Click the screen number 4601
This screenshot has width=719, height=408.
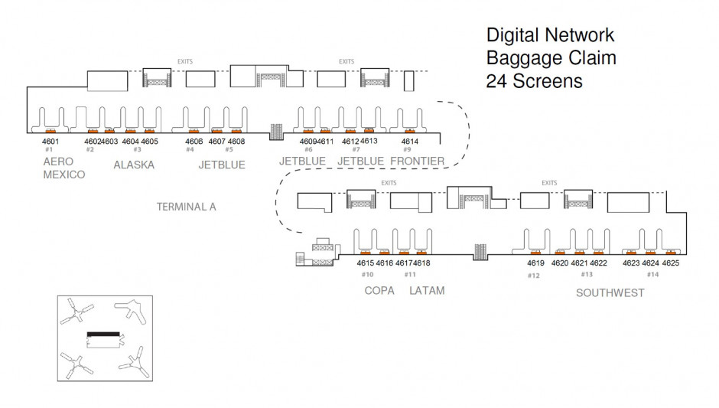coord(50,142)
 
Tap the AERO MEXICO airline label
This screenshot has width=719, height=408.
coord(63,168)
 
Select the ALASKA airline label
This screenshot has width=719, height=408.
coord(134,165)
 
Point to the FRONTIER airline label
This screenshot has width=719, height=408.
coord(417,162)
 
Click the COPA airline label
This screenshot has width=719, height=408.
coord(379,291)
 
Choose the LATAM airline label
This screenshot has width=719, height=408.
coord(427,291)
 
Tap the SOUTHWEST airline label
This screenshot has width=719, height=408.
coord(610,292)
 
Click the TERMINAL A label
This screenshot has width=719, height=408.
coord(187,207)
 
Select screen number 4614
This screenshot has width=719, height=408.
coord(410,142)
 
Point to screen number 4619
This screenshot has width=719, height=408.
coord(535,263)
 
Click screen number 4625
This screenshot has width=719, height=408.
coord(670,263)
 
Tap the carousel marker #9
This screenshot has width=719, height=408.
coord(407,150)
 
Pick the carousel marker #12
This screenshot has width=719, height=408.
coord(533,275)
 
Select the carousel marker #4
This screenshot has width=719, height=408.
coord(190,150)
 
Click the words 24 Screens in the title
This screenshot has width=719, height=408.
coord(534,81)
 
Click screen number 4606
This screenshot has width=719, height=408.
coord(194,142)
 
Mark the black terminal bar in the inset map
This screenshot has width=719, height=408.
coord(103,335)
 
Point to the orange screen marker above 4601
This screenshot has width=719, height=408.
coord(50,131)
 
